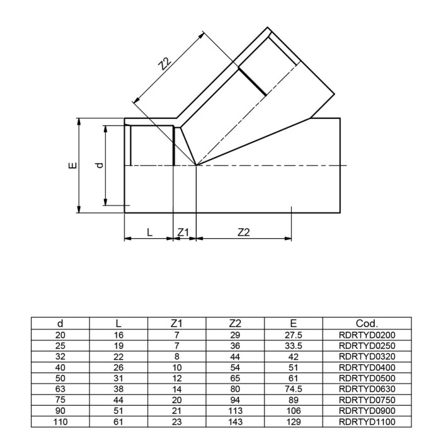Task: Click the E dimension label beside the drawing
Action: (x=74, y=166)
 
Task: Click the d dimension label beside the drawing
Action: (x=98, y=165)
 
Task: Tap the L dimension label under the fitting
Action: (x=149, y=232)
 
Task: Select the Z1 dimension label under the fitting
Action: (x=183, y=232)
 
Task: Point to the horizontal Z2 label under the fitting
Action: (x=244, y=232)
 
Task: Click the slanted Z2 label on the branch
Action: (x=165, y=63)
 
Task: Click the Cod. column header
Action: (x=367, y=323)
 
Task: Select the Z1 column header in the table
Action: (x=176, y=323)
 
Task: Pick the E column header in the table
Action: (x=294, y=323)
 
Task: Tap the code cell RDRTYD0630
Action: (x=367, y=389)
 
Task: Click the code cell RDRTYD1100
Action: (x=367, y=421)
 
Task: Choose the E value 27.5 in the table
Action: (x=294, y=335)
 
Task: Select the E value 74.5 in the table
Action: (x=294, y=389)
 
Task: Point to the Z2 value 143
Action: (x=235, y=421)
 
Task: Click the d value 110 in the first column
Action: (x=60, y=421)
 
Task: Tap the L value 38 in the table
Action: (x=118, y=389)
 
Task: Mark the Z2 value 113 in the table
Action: (x=235, y=411)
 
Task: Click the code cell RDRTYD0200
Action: (x=367, y=335)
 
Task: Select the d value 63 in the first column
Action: (x=60, y=389)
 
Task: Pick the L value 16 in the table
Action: (x=118, y=335)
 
